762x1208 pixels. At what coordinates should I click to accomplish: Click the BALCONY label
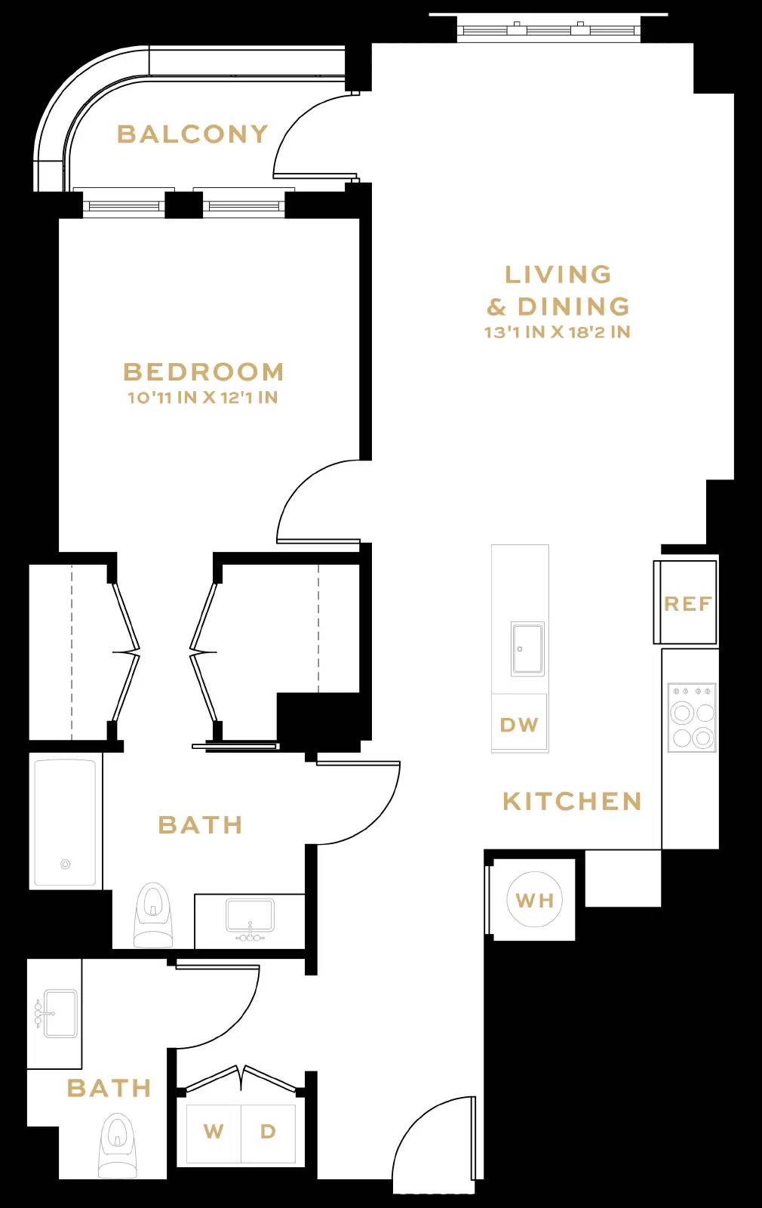pyautogui.click(x=192, y=134)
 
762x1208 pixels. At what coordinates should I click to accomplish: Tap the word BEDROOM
pyautogui.click(x=204, y=372)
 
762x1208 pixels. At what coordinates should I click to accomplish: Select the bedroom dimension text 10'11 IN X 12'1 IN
pyautogui.click(x=203, y=397)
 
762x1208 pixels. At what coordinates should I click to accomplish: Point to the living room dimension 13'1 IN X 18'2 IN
pyautogui.click(x=558, y=332)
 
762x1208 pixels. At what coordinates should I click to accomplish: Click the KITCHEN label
pyautogui.click(x=572, y=801)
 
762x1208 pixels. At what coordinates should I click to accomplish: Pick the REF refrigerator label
pyautogui.click(x=687, y=604)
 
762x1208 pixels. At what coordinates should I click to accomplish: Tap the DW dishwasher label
pyautogui.click(x=519, y=725)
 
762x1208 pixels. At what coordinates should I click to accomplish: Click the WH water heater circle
pyautogui.click(x=535, y=900)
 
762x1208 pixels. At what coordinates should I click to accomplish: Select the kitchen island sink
pyautogui.click(x=527, y=649)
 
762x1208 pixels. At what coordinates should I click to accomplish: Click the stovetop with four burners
pyautogui.click(x=693, y=717)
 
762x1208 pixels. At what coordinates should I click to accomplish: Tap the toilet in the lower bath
pyautogui.click(x=118, y=1144)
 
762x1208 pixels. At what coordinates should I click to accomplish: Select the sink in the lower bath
pyautogui.click(x=57, y=1013)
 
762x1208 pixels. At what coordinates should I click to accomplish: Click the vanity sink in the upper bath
pyautogui.click(x=250, y=917)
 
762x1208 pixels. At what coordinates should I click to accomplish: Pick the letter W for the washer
pyautogui.click(x=214, y=1132)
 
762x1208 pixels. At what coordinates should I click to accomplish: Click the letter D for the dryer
pyautogui.click(x=268, y=1132)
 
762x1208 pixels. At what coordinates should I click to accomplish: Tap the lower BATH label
pyautogui.click(x=109, y=1088)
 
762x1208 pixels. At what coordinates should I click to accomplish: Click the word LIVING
pyautogui.click(x=558, y=274)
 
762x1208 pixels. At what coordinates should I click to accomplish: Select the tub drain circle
pyautogui.click(x=66, y=864)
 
